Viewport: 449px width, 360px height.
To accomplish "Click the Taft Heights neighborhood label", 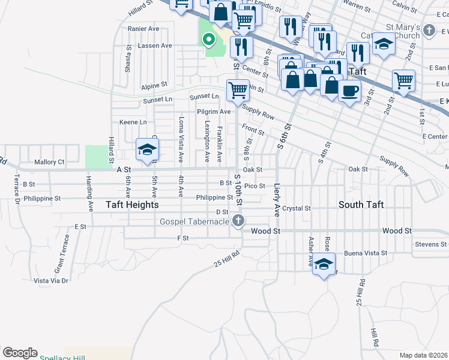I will (132, 205).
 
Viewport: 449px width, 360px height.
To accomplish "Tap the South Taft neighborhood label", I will (360, 205).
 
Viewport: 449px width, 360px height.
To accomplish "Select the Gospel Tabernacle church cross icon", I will (239, 221).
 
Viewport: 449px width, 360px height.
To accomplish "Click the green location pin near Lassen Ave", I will (209, 40).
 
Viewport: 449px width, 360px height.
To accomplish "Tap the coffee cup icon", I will (349, 91).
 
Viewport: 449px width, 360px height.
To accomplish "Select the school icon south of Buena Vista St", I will (324, 264).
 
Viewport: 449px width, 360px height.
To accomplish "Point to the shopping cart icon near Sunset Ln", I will (238, 91).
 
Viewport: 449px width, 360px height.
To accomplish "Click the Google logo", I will (20, 353).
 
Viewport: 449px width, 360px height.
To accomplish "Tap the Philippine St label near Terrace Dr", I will (41, 198).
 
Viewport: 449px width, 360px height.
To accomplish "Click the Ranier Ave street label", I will (144, 28).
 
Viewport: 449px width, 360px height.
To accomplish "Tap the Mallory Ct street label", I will (49, 162).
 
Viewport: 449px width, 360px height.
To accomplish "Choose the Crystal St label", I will (297, 208).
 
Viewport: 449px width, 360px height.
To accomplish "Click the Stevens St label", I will (430, 244).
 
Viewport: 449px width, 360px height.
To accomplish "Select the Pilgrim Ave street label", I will (214, 112).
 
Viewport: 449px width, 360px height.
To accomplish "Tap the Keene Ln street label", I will (129, 122).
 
